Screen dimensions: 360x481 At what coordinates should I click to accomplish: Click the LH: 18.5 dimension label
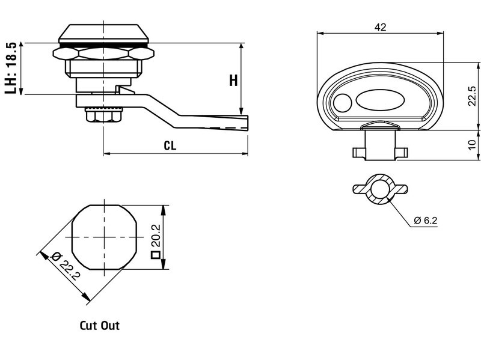[10, 68]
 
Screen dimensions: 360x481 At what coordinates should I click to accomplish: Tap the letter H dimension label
[233, 81]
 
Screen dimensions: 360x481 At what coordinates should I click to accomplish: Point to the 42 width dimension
[379, 27]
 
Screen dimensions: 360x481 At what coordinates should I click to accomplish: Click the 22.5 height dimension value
[472, 96]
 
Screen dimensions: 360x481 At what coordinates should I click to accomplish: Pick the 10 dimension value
[472, 144]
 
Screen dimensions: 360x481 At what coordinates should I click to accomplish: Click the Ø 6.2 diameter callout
[425, 221]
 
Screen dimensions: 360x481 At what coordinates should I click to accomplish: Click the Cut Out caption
[100, 326]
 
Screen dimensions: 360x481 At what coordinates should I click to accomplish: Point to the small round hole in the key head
[342, 103]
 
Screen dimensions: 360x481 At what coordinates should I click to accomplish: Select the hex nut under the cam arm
[103, 114]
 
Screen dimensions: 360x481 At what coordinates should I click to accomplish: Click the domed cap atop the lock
[104, 34]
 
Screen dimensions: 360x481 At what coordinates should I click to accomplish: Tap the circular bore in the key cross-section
[379, 190]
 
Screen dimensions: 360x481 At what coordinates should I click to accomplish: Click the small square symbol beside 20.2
[155, 255]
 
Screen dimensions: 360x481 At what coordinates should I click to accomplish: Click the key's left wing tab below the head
[358, 153]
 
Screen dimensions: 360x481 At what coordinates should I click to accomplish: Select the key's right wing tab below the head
[400, 153]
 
